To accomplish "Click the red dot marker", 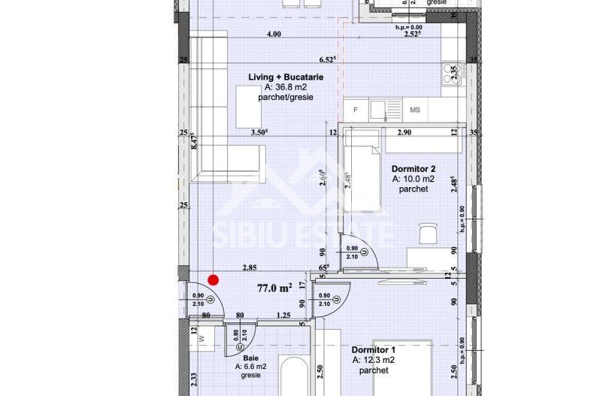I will pyautogui.click(x=213, y=280).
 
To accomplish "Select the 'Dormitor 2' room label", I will pyautogui.click(x=413, y=168).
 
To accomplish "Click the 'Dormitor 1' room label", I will pyautogui.click(x=373, y=350).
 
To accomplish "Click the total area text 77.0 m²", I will pyautogui.click(x=274, y=288).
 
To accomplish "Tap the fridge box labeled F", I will pyautogui.click(x=356, y=110).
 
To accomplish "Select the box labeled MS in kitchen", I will pyautogui.click(x=414, y=110).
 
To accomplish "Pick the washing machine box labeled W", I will pyautogui.click(x=201, y=338).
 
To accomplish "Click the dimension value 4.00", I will pyautogui.click(x=274, y=34).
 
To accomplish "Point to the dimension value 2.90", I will pyautogui.click(x=404, y=132).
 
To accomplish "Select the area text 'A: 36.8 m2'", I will pyautogui.click(x=283, y=87).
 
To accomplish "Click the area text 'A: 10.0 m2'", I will pyautogui.click(x=413, y=179).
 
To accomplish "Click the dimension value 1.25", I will pyautogui.click(x=283, y=316).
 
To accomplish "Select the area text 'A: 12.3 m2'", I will pyautogui.click(x=374, y=361).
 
